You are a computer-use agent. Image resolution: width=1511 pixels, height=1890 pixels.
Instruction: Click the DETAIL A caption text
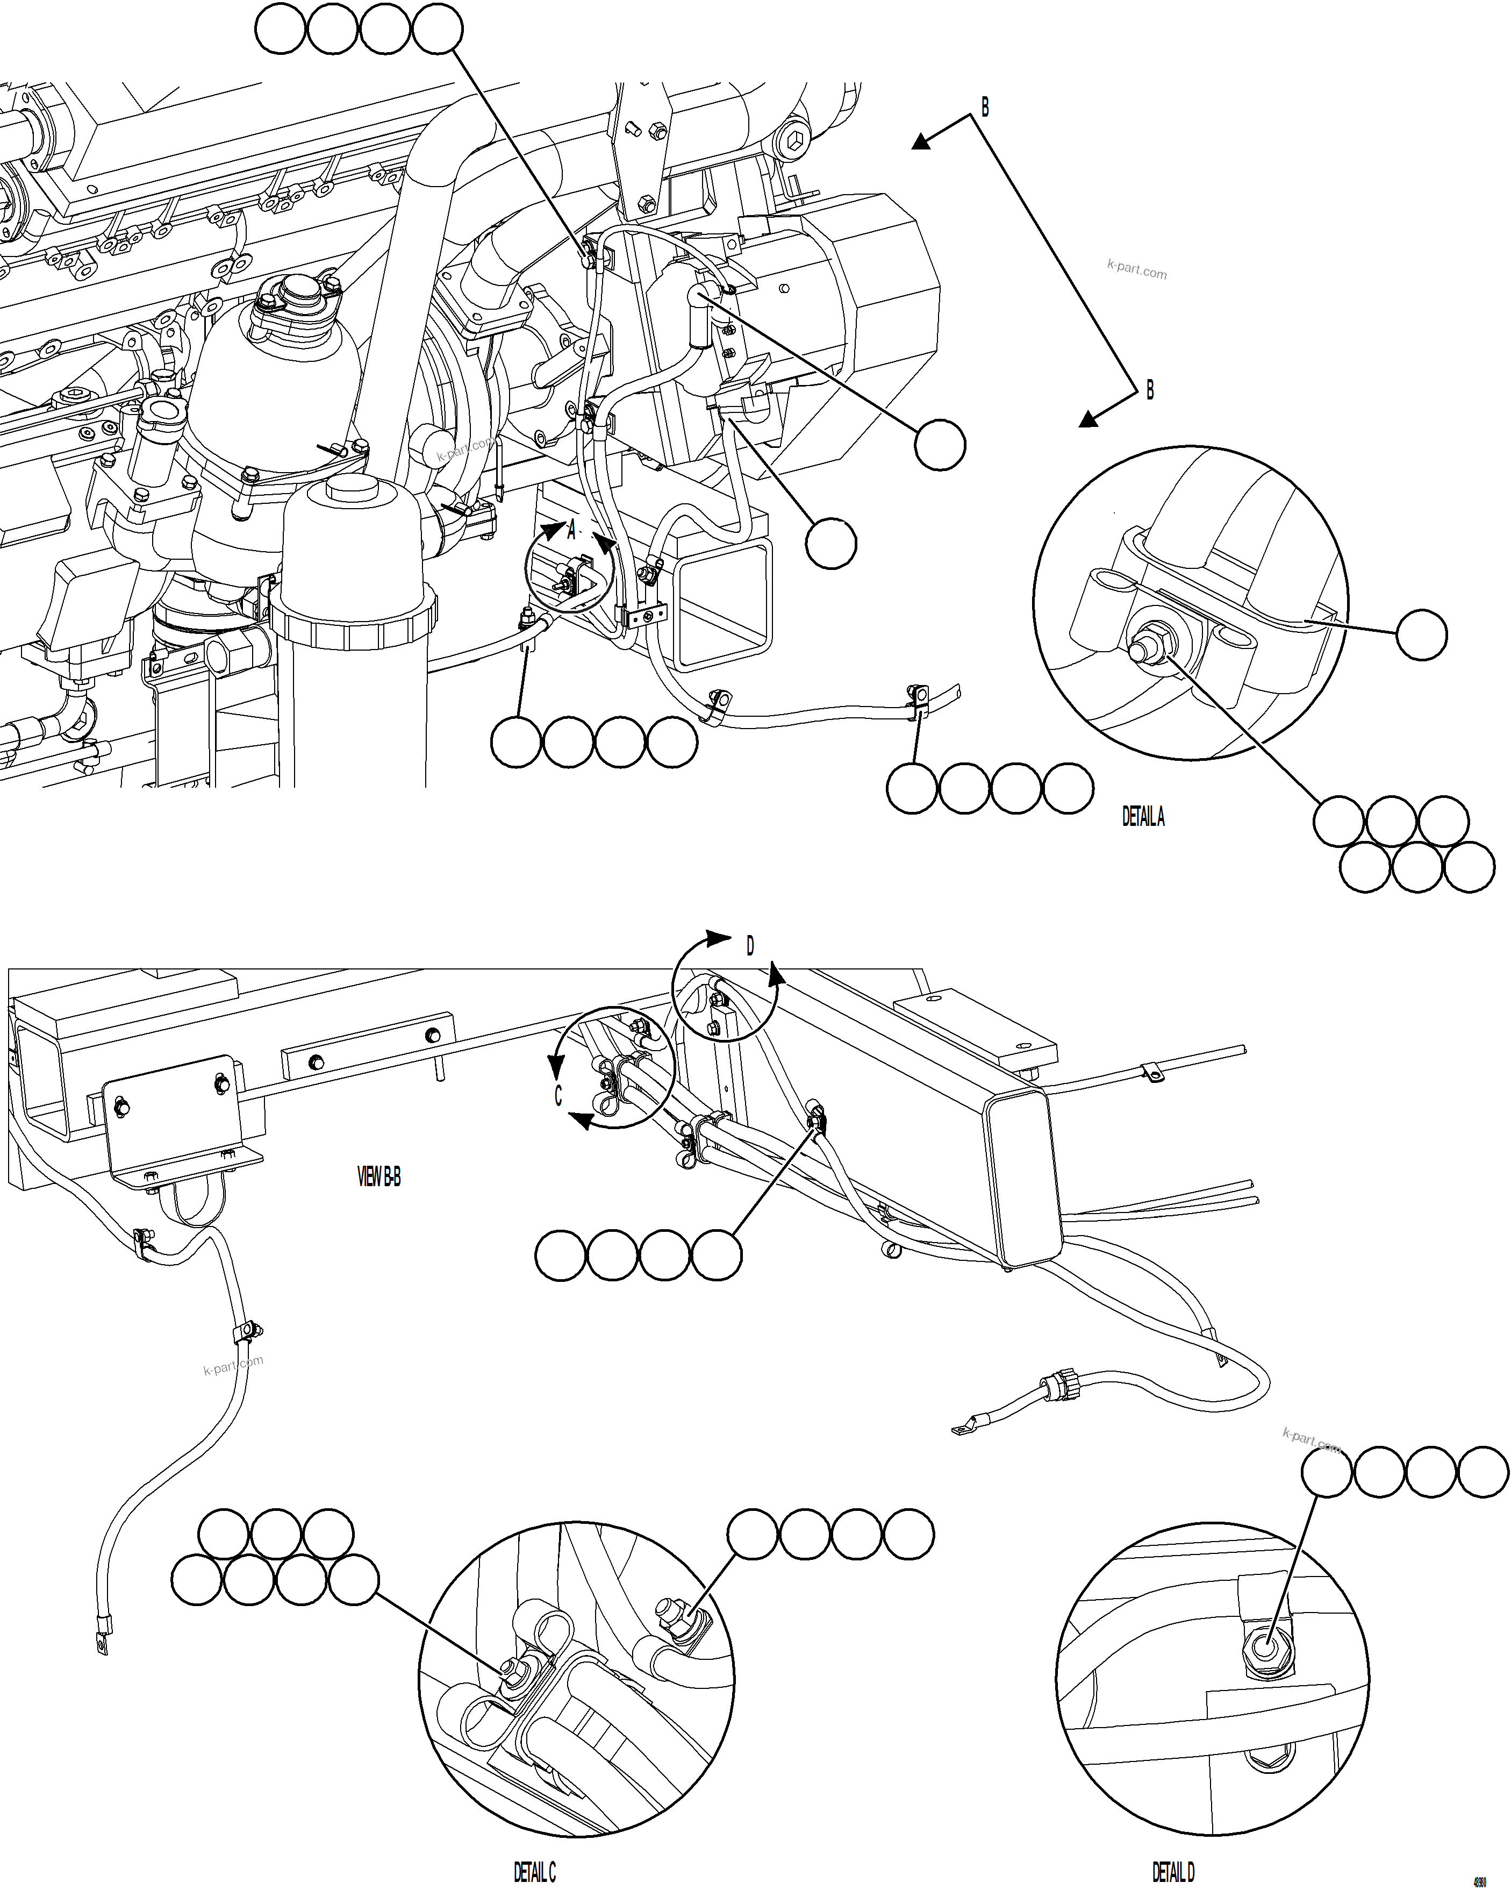click(1143, 817)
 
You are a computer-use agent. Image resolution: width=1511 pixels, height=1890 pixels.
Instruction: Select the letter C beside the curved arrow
click(558, 1096)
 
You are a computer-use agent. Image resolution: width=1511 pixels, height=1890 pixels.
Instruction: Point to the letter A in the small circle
click(571, 530)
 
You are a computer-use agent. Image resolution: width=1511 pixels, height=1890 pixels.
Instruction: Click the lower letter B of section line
click(1150, 390)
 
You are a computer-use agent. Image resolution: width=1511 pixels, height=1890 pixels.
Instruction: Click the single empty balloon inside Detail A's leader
click(1421, 634)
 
